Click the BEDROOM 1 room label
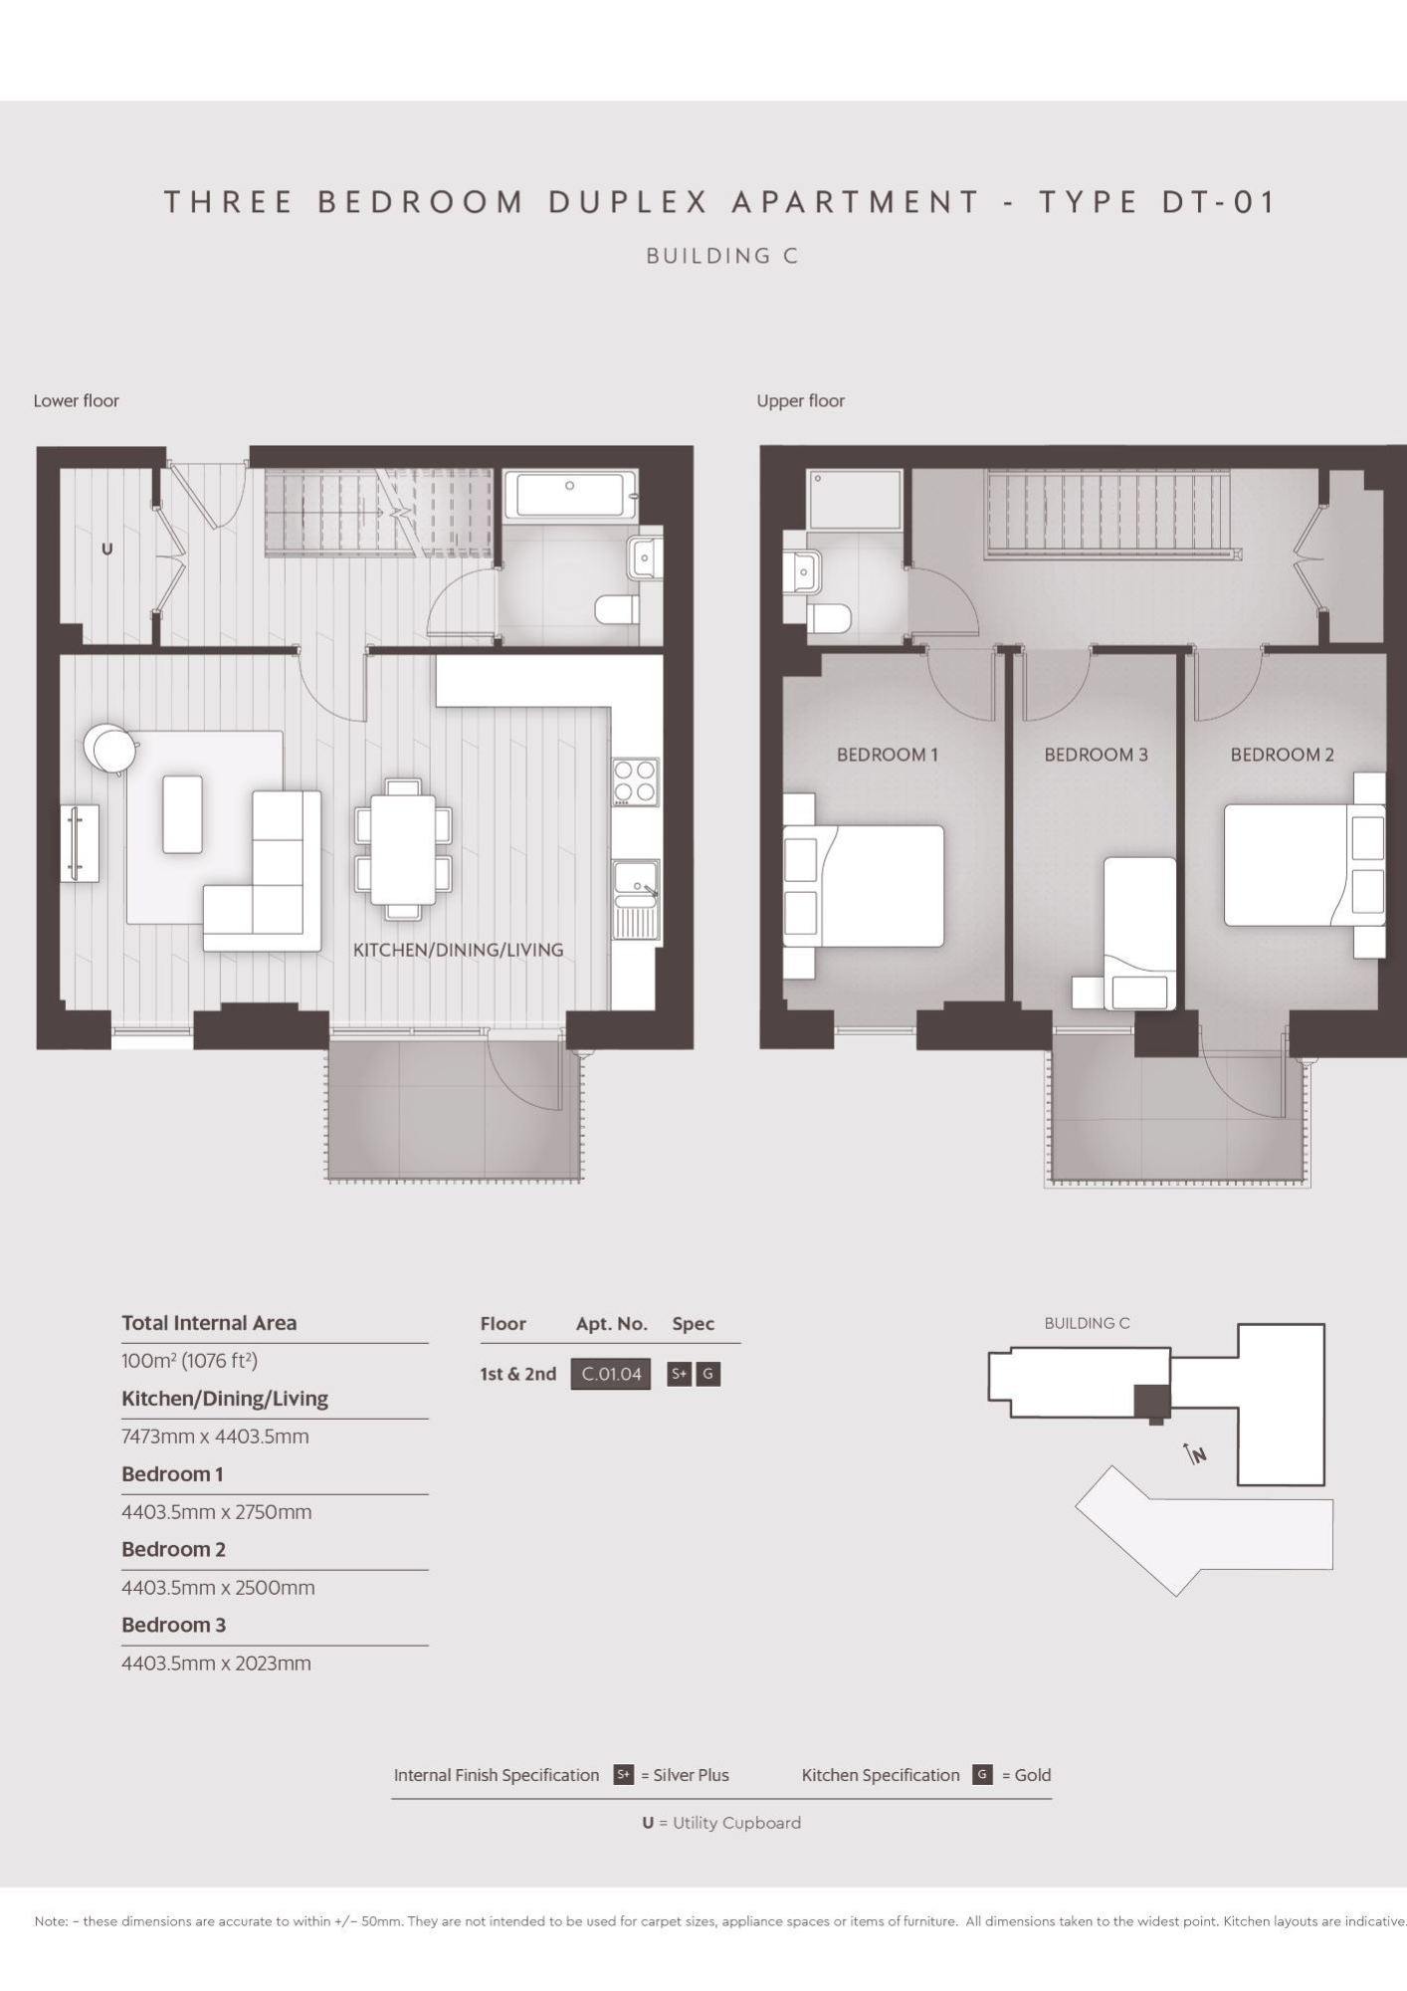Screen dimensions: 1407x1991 coord(887,755)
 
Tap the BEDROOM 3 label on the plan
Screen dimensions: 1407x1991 coord(1096,755)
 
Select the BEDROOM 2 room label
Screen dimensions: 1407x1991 coord(1282,755)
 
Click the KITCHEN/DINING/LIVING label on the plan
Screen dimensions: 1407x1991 coord(458,950)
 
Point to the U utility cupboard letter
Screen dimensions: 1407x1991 coord(107,549)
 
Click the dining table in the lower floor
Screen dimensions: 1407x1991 coord(403,849)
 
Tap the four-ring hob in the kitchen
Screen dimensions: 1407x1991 coord(635,781)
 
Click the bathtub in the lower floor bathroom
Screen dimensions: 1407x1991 coord(570,495)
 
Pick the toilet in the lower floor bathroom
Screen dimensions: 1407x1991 coord(617,608)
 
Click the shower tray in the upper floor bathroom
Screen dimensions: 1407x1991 coord(854,500)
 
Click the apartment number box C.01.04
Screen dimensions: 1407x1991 coord(611,1374)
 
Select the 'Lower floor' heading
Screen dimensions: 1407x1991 coord(76,400)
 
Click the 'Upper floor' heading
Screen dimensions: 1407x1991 coord(800,400)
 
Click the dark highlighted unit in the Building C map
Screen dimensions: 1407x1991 coord(1152,1402)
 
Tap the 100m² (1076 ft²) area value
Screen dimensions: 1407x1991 coord(189,1361)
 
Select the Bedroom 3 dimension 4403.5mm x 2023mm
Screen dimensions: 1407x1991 coord(216,1663)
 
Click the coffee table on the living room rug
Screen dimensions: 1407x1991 coord(182,814)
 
